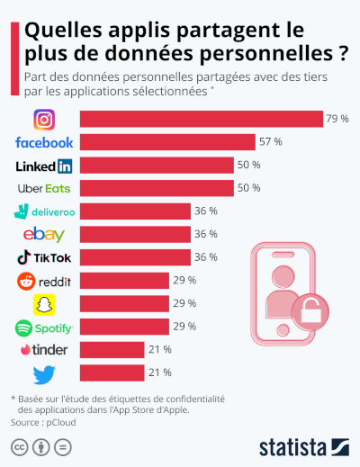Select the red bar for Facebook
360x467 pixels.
click(x=167, y=142)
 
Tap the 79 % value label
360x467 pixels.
click(x=338, y=119)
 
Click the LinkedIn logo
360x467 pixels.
click(x=44, y=166)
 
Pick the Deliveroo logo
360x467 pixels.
click(x=44, y=211)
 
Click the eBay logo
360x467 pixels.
click(x=44, y=235)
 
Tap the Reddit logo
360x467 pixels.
click(x=44, y=281)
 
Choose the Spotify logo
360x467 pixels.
click(x=44, y=326)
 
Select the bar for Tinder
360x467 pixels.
click(x=112, y=349)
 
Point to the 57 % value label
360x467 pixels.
click(x=271, y=142)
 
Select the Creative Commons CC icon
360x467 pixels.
click(x=18, y=446)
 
